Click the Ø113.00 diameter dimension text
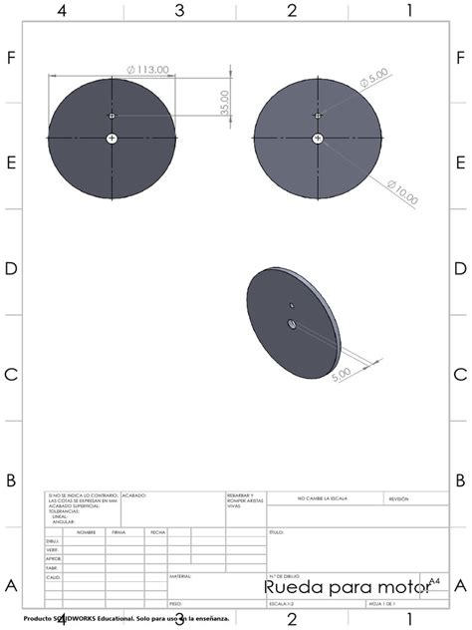148,70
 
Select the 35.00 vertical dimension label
225,101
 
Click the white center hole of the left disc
112,137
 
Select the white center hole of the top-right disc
318,137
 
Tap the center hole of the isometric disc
291,323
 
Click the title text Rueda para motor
347,587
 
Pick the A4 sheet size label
434,579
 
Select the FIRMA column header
119,532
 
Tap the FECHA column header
157,532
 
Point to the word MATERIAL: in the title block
180,576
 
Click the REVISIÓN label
398,498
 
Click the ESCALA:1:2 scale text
280,604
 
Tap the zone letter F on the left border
11,58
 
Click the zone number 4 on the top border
62,11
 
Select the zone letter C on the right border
460,375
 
